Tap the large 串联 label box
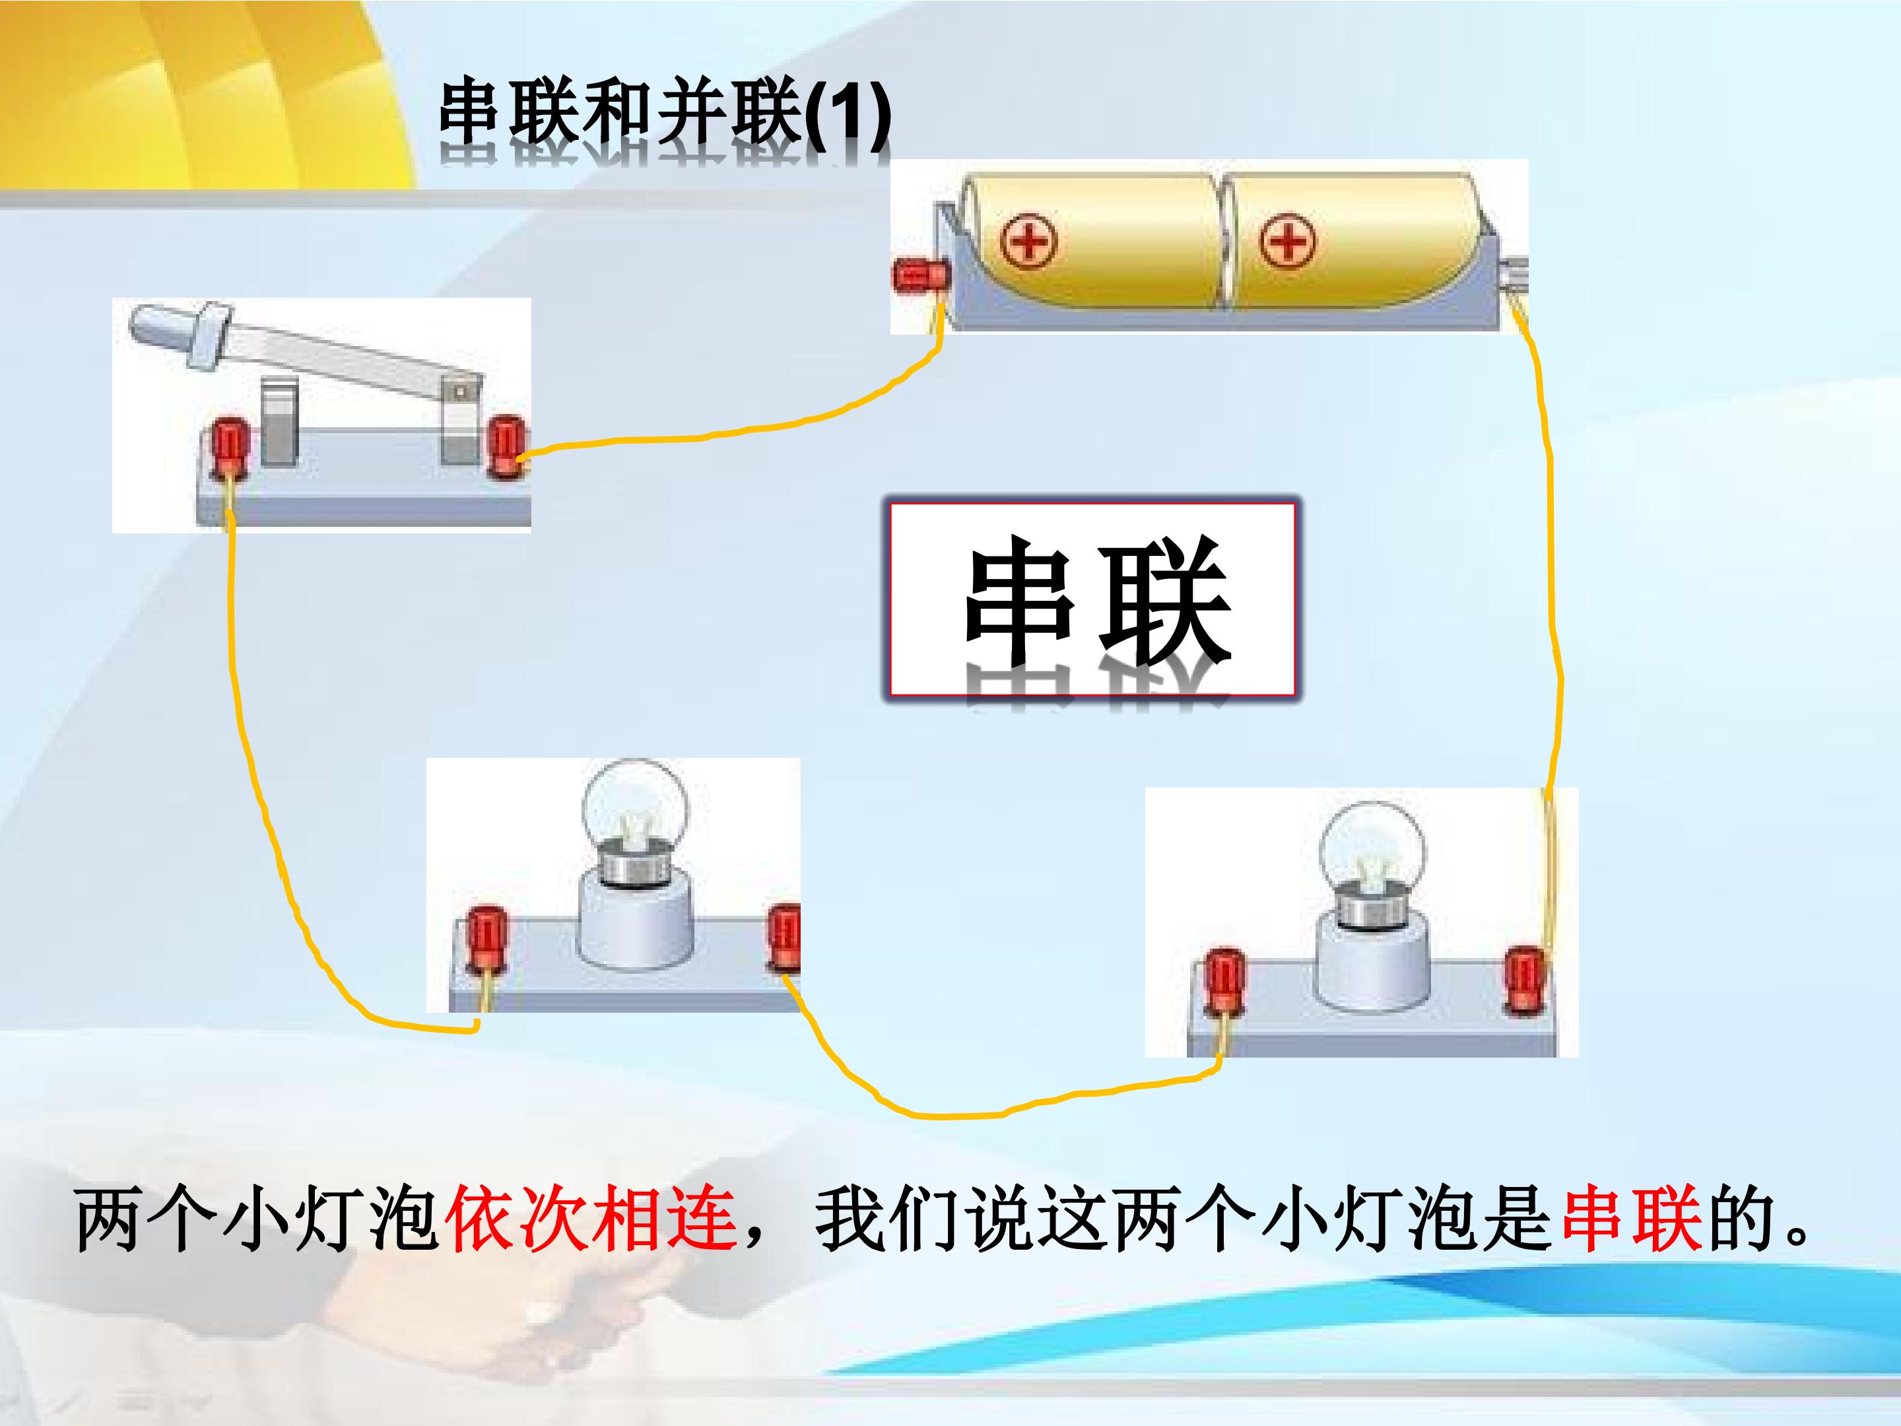pyautogui.click(x=1092, y=599)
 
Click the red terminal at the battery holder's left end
pyautogui.click(x=919, y=277)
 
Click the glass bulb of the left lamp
pyautogui.click(x=634, y=809)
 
